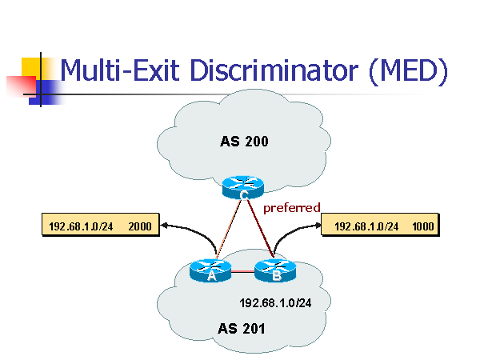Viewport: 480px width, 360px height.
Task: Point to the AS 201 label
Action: (242, 328)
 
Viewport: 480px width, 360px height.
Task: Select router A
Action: (211, 271)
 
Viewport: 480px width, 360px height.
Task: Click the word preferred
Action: (292, 208)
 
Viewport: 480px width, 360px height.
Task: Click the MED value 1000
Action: (423, 226)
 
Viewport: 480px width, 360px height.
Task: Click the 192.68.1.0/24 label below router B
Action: (274, 304)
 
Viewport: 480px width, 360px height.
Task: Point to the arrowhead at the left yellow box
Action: (164, 226)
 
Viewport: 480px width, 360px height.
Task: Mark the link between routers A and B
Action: (243, 272)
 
